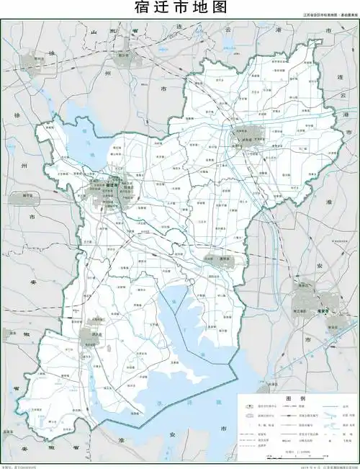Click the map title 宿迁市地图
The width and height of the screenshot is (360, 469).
[180, 8]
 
